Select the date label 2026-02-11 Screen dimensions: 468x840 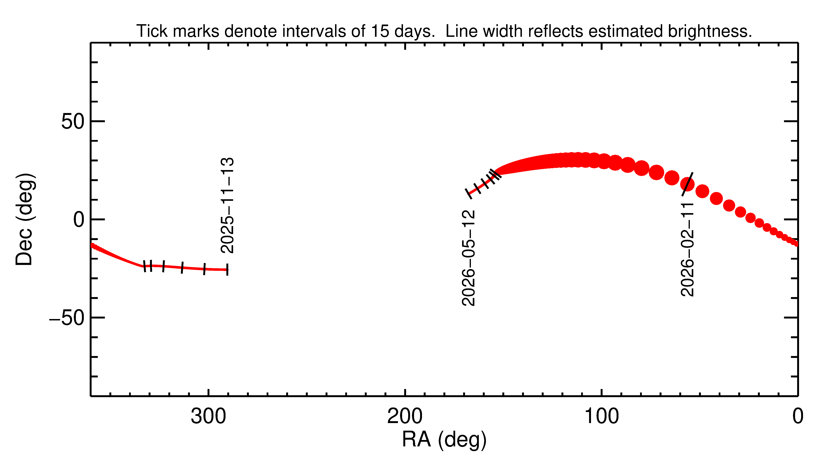pos(687,250)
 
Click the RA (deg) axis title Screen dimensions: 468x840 pos(444,440)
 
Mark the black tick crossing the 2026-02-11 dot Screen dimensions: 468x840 pos(687,184)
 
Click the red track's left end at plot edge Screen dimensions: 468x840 pos(92,246)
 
